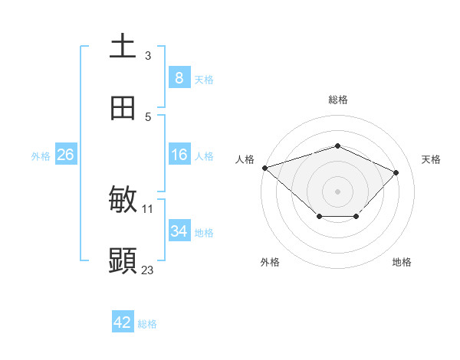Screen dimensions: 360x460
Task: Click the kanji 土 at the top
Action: (123, 47)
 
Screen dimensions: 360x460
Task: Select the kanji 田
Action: (123, 109)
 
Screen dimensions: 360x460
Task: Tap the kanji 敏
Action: (123, 201)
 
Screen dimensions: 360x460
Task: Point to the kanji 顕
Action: (123, 262)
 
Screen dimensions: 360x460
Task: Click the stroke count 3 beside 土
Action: (147, 55)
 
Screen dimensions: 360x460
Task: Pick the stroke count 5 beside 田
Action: (147, 117)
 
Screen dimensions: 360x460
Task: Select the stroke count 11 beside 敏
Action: (148, 208)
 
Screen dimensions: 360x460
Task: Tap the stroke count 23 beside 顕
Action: (148, 270)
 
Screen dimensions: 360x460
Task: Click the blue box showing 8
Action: (179, 77)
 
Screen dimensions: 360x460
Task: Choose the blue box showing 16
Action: (179, 155)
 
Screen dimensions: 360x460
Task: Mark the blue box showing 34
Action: (179, 231)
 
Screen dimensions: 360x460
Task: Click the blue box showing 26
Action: (65, 155)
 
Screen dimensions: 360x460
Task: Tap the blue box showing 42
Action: (123, 322)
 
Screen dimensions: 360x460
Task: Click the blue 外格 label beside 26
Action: (41, 155)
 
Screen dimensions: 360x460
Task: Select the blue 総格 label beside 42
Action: (147, 324)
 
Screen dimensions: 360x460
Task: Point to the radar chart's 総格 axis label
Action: (337, 100)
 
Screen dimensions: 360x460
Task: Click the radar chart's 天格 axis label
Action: (431, 159)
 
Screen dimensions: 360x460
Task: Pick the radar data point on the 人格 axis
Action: (264, 167)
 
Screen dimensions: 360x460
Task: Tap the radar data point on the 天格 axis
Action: (396, 172)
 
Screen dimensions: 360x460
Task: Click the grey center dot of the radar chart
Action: (337, 191)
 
